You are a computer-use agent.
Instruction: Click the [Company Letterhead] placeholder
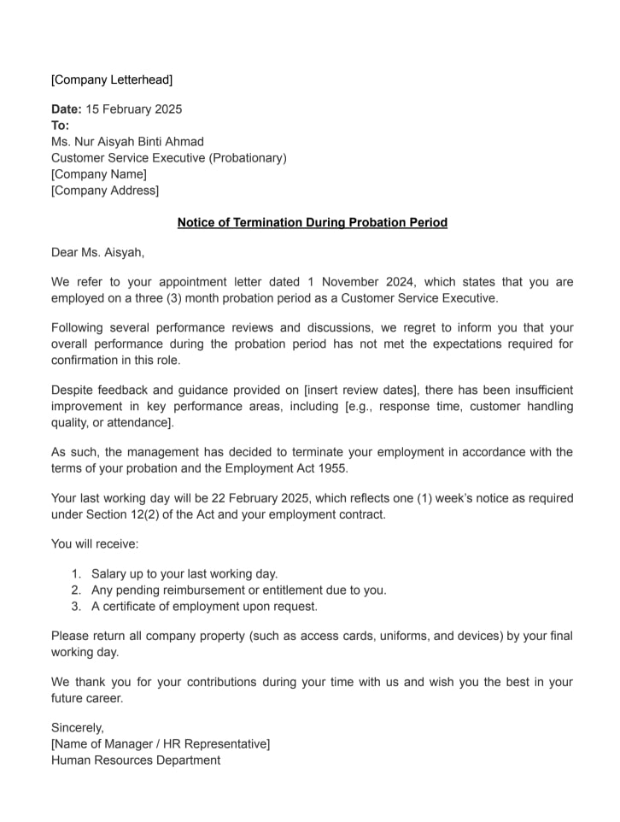111,80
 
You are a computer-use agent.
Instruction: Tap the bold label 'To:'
61,126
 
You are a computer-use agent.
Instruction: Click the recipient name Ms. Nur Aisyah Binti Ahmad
127,142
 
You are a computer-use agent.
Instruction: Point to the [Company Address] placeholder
105,191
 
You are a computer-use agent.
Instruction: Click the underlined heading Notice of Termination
312,223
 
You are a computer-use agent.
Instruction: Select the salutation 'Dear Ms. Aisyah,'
98,252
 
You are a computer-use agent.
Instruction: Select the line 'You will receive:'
95,543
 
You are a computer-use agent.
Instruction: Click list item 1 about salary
184,574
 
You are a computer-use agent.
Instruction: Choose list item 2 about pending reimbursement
238,590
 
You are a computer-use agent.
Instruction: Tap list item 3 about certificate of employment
204,607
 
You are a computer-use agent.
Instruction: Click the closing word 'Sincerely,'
78,728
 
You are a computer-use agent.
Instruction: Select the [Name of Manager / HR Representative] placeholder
161,744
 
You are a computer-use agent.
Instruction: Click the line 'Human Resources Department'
136,760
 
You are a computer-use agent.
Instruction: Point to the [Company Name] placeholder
99,174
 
